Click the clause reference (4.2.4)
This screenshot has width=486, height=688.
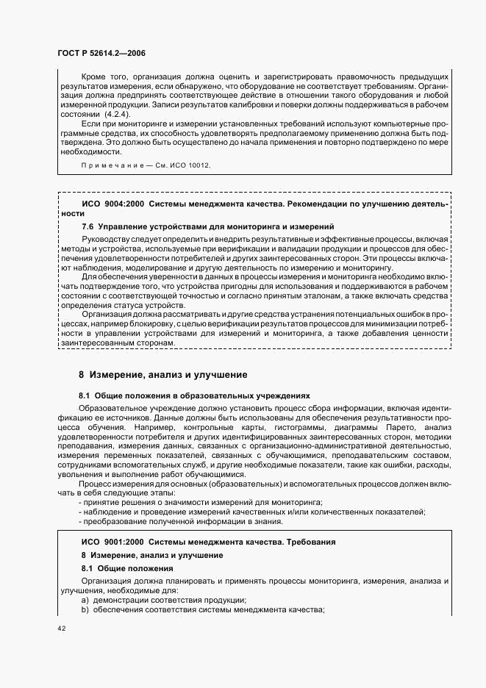coord(115,115)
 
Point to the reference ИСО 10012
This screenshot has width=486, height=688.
coord(191,166)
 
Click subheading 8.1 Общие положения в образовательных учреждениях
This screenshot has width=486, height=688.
coord(195,395)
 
